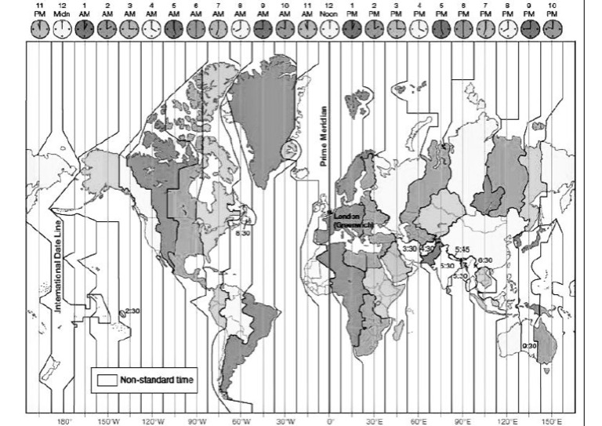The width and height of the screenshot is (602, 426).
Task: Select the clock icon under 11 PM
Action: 39,28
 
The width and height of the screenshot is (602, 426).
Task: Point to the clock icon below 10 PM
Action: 554,28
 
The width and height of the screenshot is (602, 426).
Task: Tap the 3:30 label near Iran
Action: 410,249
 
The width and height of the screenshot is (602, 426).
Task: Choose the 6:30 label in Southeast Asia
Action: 485,260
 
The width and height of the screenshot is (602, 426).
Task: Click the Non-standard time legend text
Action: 158,380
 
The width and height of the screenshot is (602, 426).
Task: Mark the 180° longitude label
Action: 63,420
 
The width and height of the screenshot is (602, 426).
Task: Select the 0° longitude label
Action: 330,420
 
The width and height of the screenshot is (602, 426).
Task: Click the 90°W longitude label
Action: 196,420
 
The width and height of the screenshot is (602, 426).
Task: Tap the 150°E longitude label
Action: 553,420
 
